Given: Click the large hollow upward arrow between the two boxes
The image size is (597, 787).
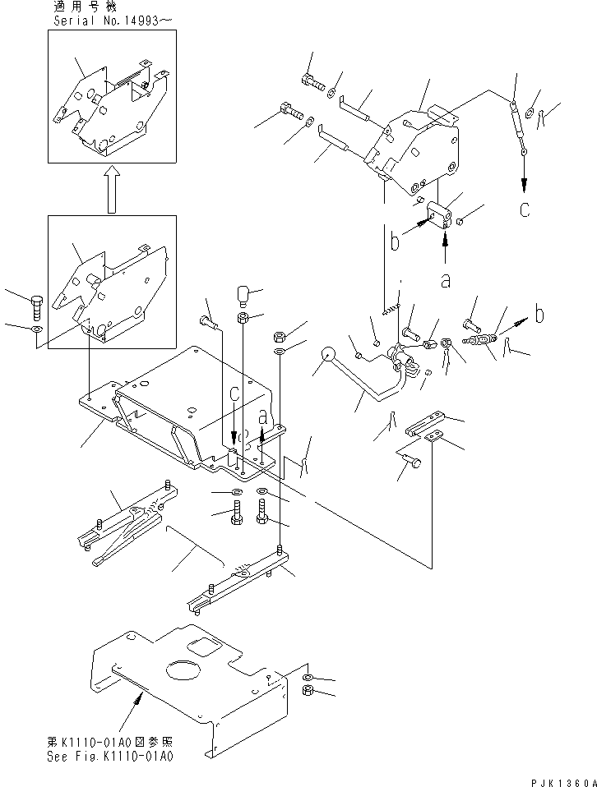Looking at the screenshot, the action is [112, 190].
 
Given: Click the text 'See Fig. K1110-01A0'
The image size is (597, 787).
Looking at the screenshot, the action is [110, 757].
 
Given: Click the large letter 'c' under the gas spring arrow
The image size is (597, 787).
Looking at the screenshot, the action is [525, 209].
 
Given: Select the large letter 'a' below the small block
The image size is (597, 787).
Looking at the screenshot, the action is [445, 280].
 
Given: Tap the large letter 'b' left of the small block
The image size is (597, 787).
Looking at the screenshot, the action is [395, 240].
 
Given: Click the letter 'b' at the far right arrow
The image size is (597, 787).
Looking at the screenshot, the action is [539, 314].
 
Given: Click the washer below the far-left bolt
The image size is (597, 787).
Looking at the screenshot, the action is [37, 329].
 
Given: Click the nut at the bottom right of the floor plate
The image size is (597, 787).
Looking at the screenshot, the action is [309, 691].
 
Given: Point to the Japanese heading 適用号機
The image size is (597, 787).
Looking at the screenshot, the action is [85, 7].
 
